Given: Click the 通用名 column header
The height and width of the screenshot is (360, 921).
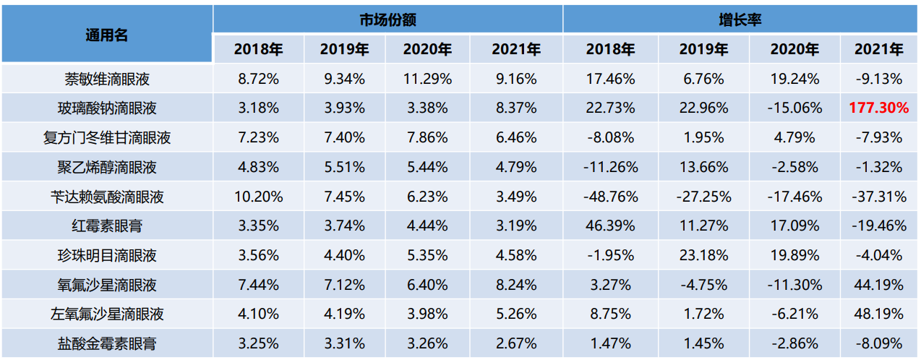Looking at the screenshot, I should coord(106,34).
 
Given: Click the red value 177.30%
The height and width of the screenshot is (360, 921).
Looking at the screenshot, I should coord(878,108).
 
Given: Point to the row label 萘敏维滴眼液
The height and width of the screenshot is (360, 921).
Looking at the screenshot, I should coord(106,79).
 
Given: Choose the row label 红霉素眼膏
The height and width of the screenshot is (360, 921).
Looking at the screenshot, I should coord(106,226).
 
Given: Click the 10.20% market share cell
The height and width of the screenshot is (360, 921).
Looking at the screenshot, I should coord(258,197).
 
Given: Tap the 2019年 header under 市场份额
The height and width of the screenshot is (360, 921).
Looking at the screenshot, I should coord(343,50).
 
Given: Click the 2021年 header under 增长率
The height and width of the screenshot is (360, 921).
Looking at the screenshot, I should coord(878,50).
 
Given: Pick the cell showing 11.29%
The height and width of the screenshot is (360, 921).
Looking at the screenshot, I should coord(427,79).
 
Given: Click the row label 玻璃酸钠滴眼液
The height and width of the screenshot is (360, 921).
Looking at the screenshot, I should coord(106,108).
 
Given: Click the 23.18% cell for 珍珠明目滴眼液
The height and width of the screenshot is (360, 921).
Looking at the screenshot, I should coord(703,256).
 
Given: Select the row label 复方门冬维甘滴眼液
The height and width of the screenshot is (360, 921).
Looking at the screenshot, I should coord(106,138).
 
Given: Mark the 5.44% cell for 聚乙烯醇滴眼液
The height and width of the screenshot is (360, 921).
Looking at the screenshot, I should coord(427,168).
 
